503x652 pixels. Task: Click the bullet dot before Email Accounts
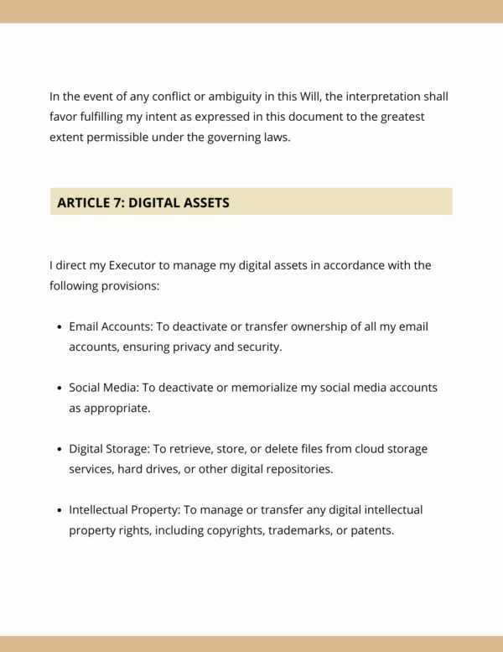[x=60, y=327]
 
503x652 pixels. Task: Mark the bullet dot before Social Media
[x=60, y=389]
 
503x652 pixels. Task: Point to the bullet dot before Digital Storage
[x=60, y=450]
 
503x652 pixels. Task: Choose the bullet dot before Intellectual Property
[x=60, y=511]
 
